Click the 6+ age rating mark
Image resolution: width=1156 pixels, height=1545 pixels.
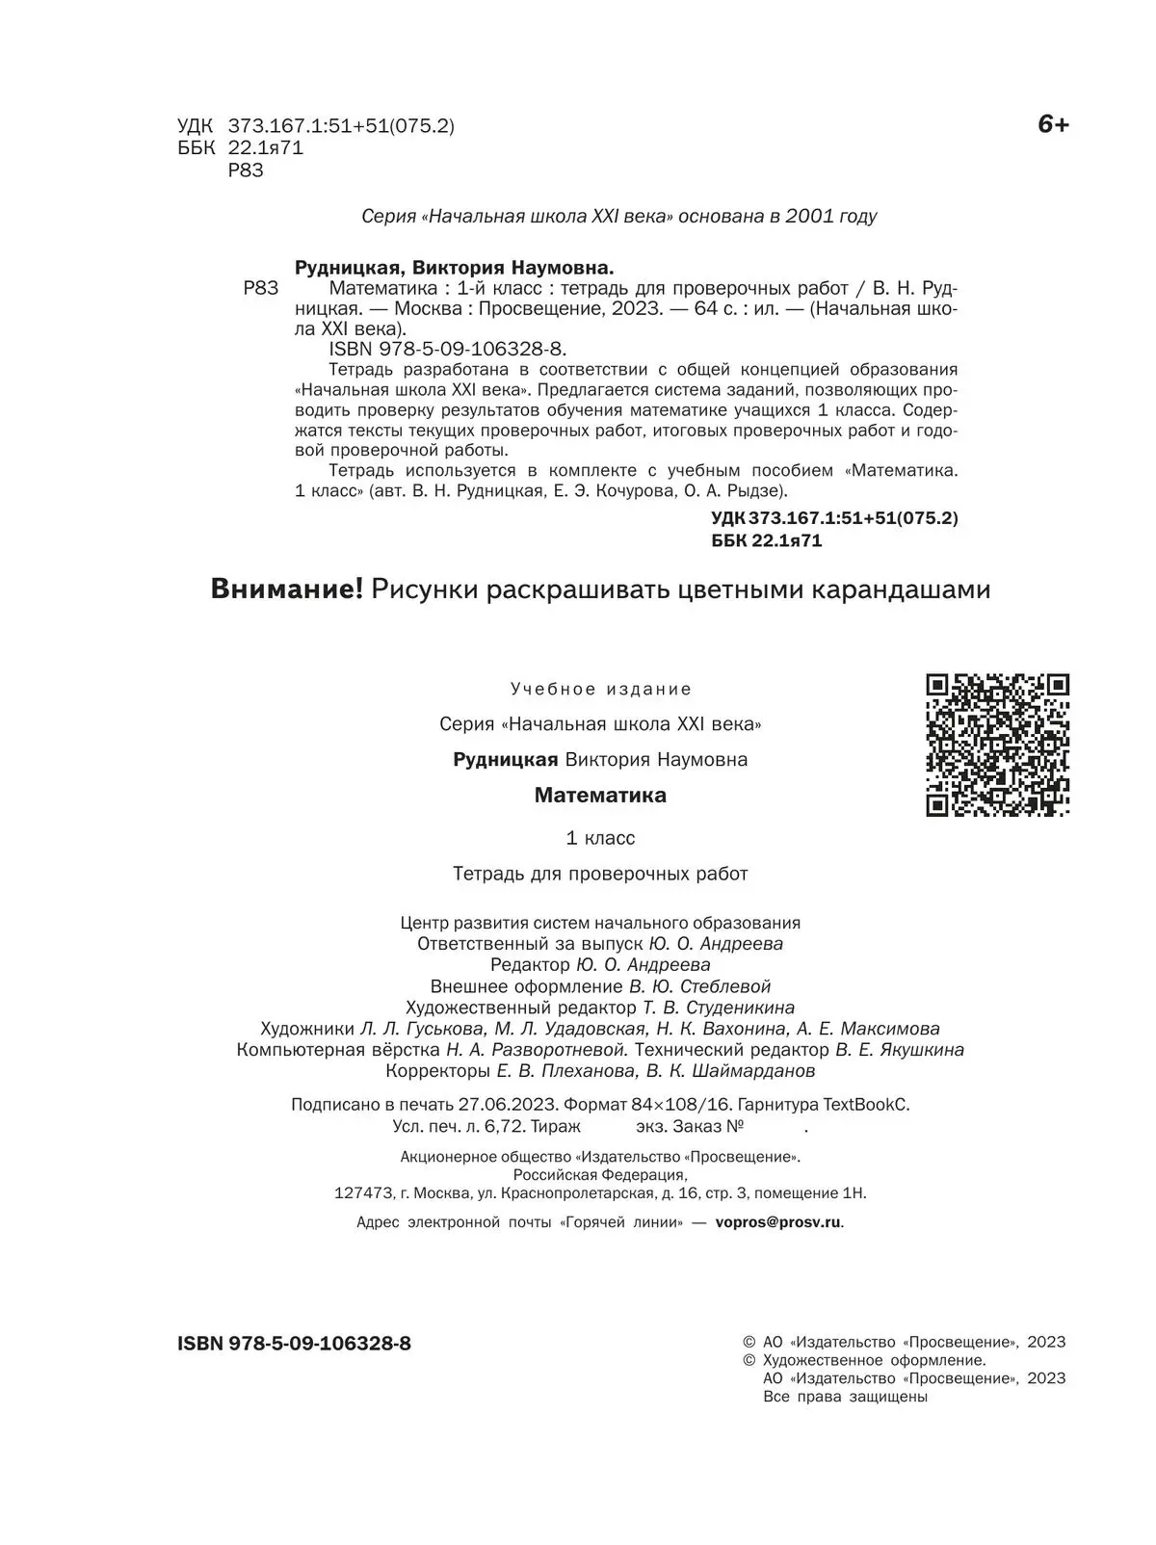point(1052,125)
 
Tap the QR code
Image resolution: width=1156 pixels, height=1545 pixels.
point(997,745)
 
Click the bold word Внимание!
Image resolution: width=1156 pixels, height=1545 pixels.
point(286,589)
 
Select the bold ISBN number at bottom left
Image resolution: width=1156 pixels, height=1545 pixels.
point(294,1343)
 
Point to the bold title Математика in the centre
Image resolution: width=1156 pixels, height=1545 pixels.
point(600,796)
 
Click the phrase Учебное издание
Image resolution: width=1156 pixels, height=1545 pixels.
point(601,690)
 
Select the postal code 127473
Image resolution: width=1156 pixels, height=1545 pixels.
point(363,1193)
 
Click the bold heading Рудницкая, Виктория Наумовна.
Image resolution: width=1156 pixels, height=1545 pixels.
point(454,268)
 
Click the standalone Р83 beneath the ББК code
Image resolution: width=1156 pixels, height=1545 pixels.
point(246,170)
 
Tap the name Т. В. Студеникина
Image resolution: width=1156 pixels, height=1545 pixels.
point(719,1008)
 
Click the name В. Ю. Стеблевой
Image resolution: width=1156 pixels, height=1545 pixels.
point(699,986)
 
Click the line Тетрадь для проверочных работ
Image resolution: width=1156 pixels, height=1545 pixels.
point(600,874)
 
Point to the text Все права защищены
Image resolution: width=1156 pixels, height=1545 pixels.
point(844,1397)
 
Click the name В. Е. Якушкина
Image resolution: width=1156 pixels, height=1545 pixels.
point(900,1050)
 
